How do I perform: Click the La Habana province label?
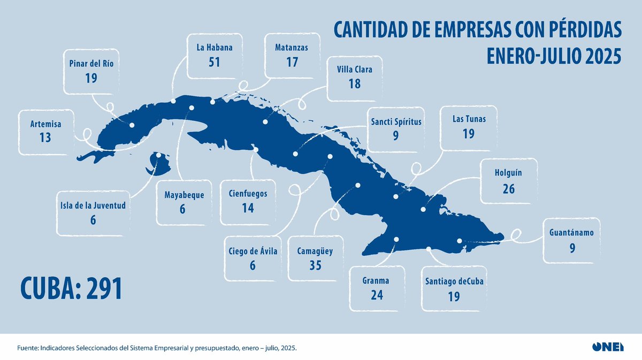(214, 48)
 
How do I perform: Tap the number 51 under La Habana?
(214, 62)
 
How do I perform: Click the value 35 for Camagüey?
(315, 265)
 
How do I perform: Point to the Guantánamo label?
(571, 233)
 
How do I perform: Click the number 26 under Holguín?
(509, 188)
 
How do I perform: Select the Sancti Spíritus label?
(396, 121)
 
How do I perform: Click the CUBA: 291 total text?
(72, 288)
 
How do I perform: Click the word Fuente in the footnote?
(29, 348)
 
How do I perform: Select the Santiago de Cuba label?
(454, 281)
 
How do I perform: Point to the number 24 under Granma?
(377, 295)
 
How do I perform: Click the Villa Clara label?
(355, 69)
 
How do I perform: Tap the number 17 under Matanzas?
(292, 62)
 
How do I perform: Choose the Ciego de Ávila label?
(253, 251)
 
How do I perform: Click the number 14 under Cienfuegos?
(248, 208)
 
